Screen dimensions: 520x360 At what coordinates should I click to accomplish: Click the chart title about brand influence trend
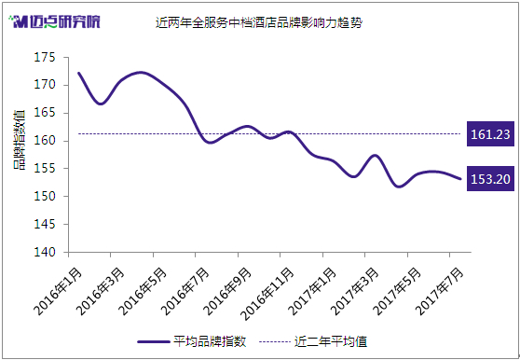pos(259,23)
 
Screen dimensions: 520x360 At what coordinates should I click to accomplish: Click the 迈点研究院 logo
pos(54,21)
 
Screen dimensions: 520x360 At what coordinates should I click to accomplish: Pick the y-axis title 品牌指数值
pos(20,140)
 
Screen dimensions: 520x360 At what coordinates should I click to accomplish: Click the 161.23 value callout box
pos(490,134)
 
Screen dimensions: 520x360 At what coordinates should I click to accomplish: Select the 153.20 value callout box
pos(490,179)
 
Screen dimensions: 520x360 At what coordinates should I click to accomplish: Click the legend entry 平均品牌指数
pos(191,341)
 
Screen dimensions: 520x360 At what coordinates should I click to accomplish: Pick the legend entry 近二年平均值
pos(313,341)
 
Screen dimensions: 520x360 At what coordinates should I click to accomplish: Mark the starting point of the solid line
pos(78,73)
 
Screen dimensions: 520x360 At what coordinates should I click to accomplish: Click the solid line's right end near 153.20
pos(460,179)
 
